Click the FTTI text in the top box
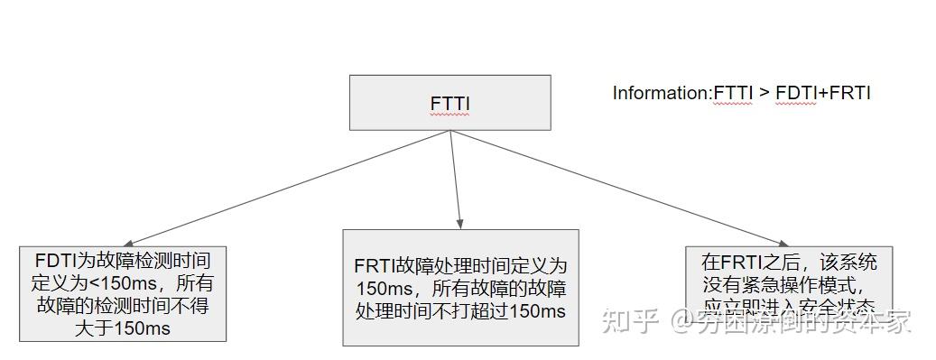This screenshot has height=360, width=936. pyautogui.click(x=449, y=104)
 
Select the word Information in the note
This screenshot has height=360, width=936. pyautogui.click(x=662, y=93)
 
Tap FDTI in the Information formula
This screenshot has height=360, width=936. pyautogui.click(x=798, y=93)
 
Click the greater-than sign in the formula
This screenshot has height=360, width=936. pyautogui.click(x=764, y=93)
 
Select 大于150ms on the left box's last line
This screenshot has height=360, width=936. pyautogui.click(x=124, y=328)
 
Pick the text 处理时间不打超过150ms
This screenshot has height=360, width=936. pyautogui.click(x=460, y=312)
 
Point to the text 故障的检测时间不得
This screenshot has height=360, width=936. pyautogui.click(x=123, y=305)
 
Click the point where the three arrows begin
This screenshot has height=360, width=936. pyautogui.click(x=450, y=131)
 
